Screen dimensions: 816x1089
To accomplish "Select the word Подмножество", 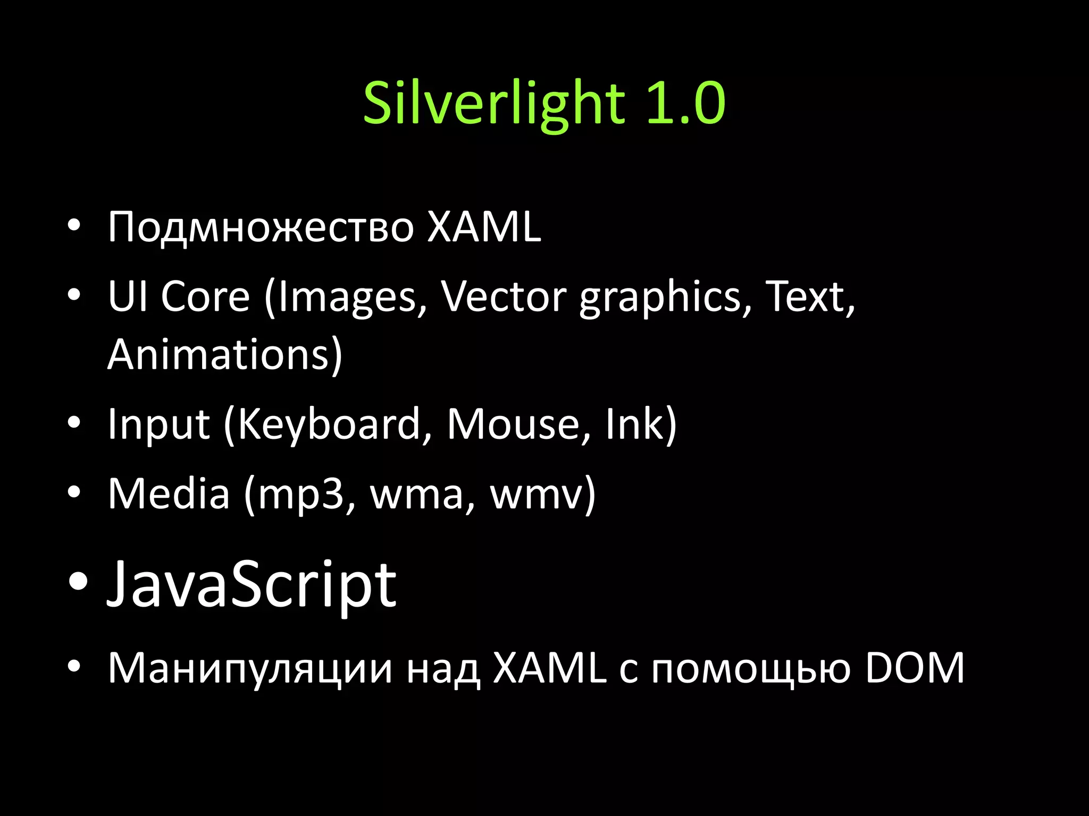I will (x=261, y=227).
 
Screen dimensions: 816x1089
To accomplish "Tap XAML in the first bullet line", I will (x=484, y=227).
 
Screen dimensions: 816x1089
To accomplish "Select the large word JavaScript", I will (x=252, y=584).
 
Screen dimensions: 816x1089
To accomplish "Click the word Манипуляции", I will (x=250, y=668).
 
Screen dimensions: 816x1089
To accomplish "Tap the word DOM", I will (x=915, y=668).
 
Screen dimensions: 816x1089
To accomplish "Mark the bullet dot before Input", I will (x=74, y=423).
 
